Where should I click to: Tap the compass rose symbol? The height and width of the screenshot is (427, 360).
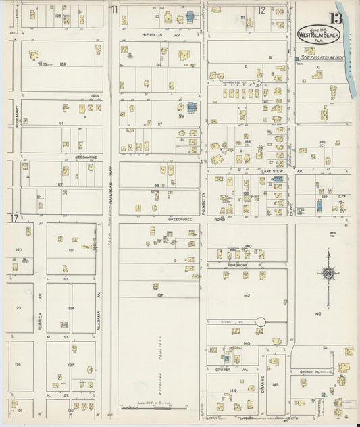tap(329, 274)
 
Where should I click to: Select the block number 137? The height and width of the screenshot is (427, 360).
tap(160, 295)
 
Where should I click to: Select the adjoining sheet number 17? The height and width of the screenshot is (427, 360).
tap(12, 218)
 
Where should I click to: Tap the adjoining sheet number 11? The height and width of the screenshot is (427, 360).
tap(115, 9)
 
